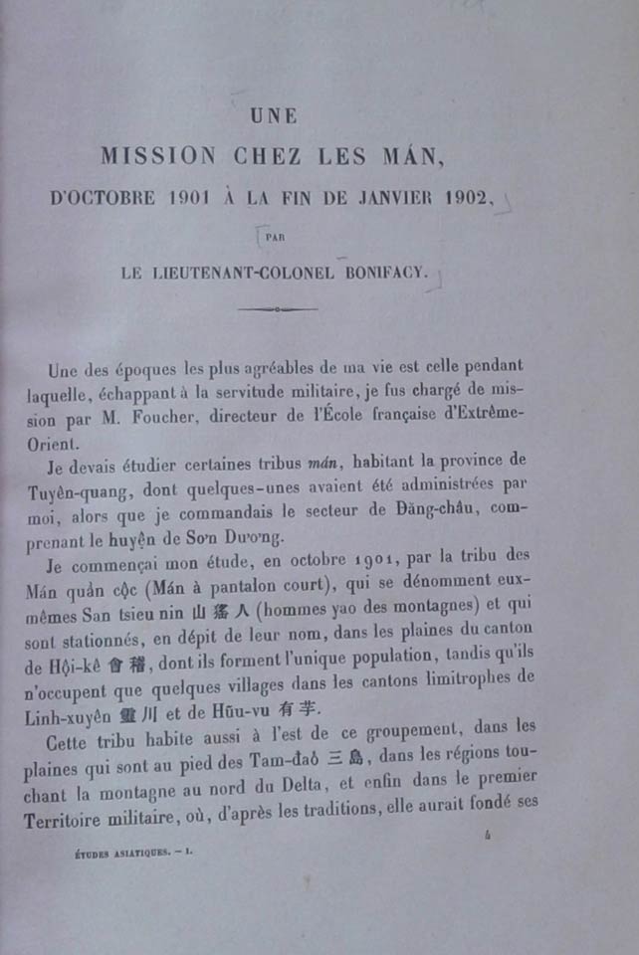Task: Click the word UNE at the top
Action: [276, 116]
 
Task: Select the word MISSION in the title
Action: [159, 155]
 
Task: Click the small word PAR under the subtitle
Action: [275, 236]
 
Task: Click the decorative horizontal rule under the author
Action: [278, 309]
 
